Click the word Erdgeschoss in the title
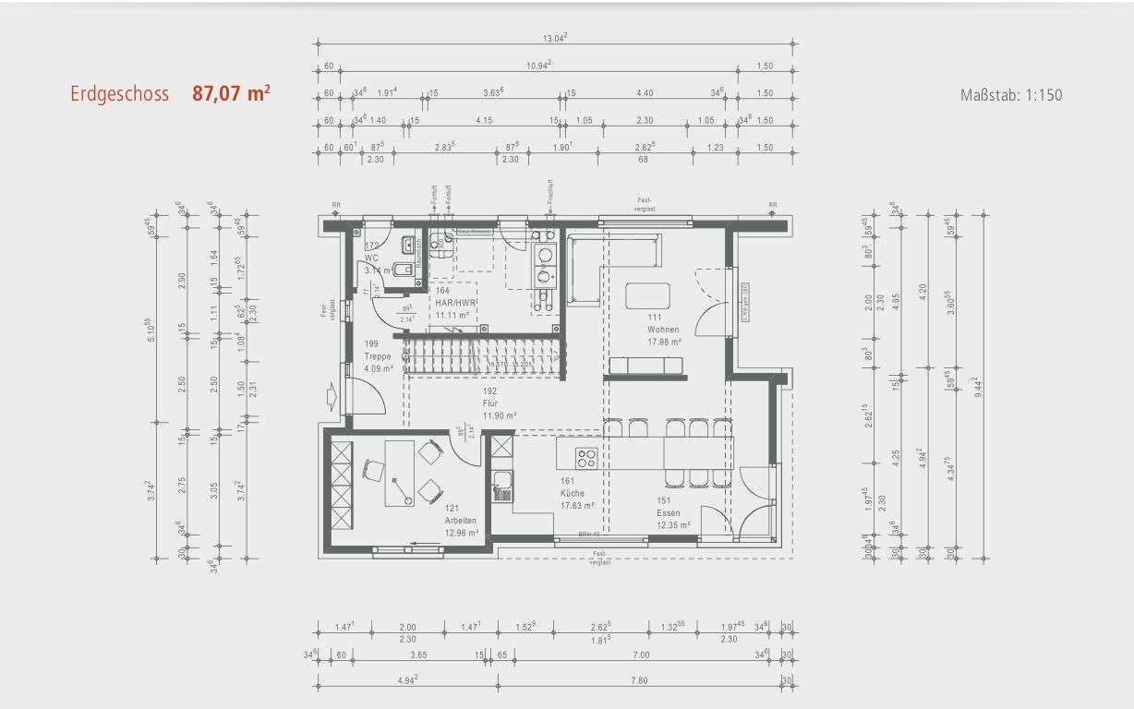(119, 94)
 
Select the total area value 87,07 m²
(231, 94)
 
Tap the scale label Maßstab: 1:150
(1011, 95)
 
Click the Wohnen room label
(663, 330)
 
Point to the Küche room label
(572, 493)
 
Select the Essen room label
(668, 513)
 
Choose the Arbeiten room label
(460, 521)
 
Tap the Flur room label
(489, 403)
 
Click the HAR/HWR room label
(455, 302)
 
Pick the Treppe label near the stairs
(378, 356)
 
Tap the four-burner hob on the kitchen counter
(586, 456)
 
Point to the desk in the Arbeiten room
(399, 473)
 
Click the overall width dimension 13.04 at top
(554, 38)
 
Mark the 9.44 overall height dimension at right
(974, 385)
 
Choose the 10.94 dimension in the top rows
(538, 64)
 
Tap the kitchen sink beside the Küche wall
(502, 481)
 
